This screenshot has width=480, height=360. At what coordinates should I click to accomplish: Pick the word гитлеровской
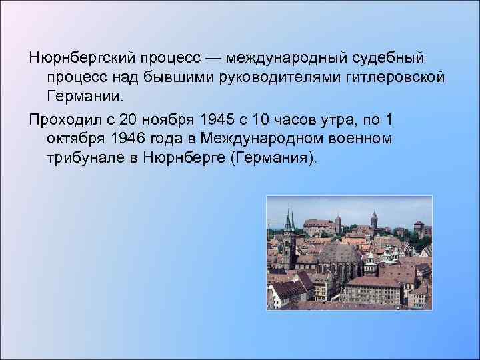pos(387,77)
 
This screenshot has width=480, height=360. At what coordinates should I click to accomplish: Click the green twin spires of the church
pos(289,221)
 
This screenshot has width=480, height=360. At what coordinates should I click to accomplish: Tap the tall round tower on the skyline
pos(373,220)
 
